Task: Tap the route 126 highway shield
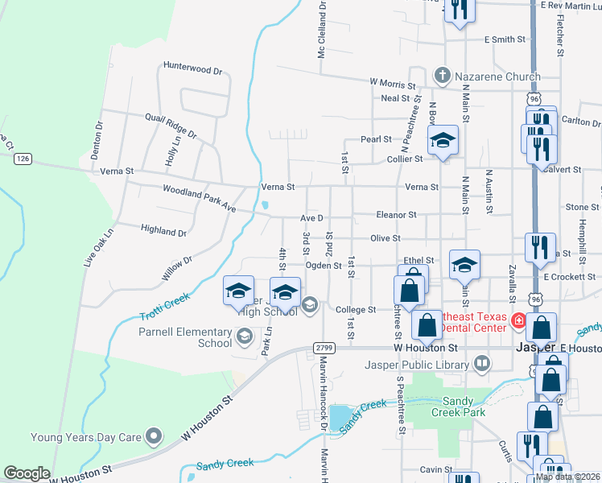click(23, 159)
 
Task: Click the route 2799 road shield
click(324, 347)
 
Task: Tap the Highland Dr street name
click(163, 231)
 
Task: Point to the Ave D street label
click(311, 218)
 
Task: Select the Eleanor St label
click(396, 215)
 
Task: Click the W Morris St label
click(392, 82)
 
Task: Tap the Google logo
click(27, 473)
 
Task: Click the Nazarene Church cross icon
click(442, 76)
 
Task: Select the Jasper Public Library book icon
click(481, 363)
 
